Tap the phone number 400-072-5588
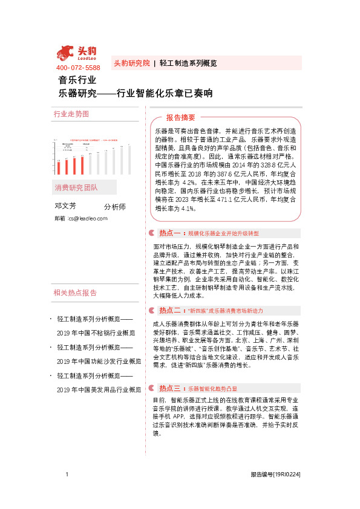[78, 67]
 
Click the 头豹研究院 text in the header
[132, 63]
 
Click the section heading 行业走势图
[71, 114]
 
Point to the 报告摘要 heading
[181, 117]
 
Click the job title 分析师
[114, 207]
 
